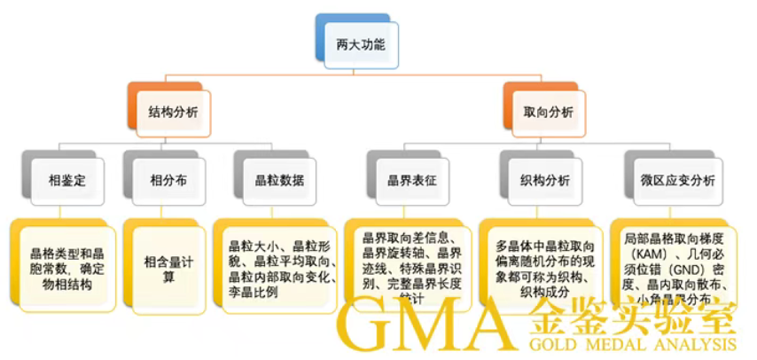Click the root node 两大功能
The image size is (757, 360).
[x=361, y=43]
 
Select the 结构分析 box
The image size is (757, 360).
[x=173, y=113]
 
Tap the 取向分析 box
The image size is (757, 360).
[x=549, y=113]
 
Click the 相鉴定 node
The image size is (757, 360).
[x=67, y=179]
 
